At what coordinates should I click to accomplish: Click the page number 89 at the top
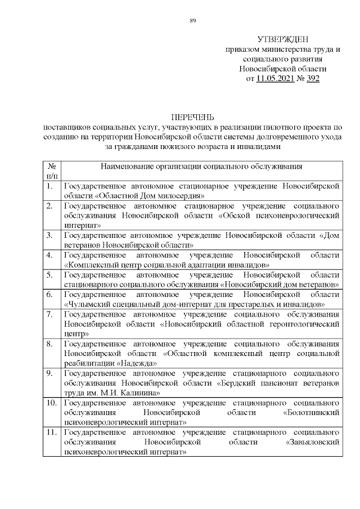coord(193,21)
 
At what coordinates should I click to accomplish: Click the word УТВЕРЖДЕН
coord(283,39)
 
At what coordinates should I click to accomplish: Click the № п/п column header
coord(51,172)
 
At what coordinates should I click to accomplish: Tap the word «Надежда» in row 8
coord(139,363)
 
